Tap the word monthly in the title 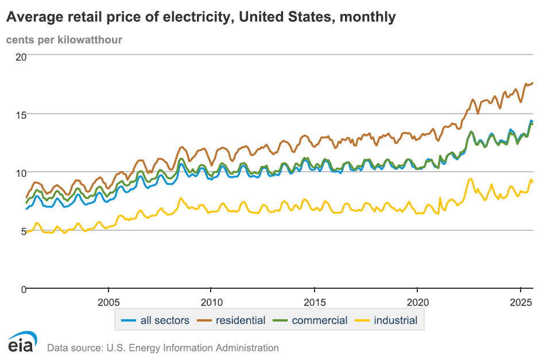pos(367,17)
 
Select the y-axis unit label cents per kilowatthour pos(64,40)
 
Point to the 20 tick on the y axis pos(21,57)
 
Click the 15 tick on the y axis pos(21,115)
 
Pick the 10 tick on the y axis pos(21,173)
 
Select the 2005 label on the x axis pos(109,303)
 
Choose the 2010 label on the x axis pos(211,303)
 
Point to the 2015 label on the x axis pos(314,303)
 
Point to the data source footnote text pos(163,348)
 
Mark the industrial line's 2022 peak pos(471,179)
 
